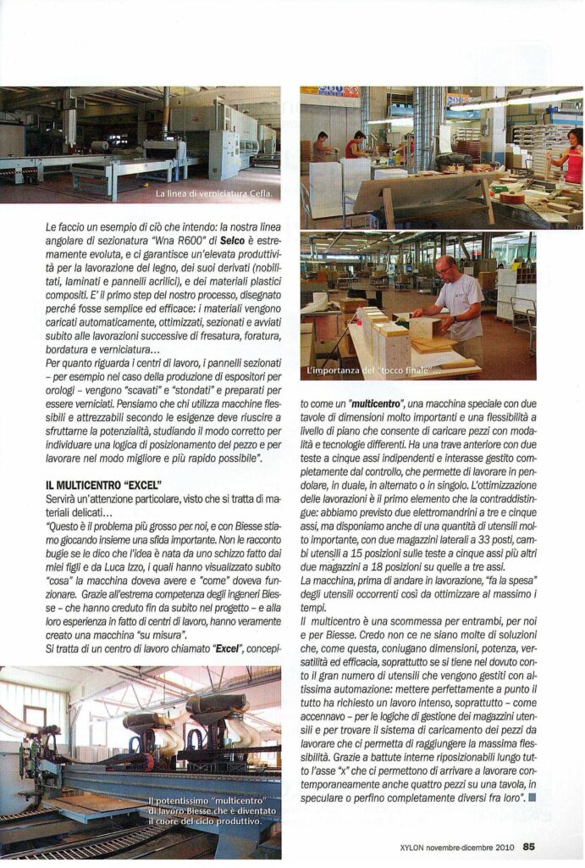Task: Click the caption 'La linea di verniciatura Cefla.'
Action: coord(213,194)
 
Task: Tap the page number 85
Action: coord(529,844)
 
